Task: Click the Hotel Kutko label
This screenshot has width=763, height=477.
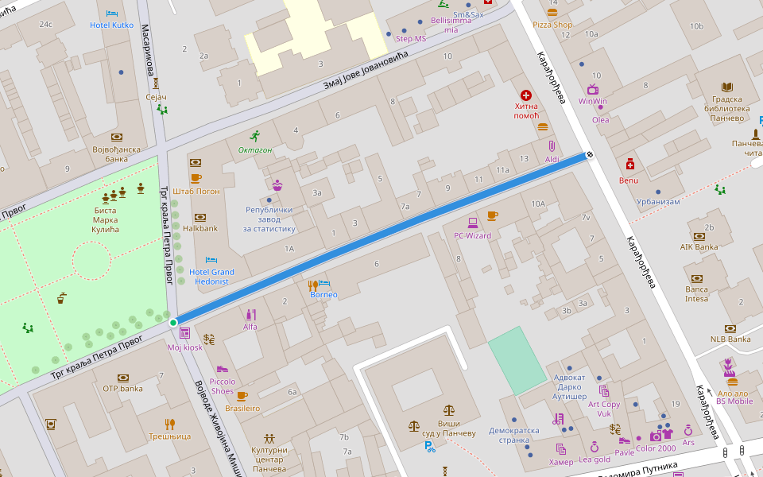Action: coord(111,25)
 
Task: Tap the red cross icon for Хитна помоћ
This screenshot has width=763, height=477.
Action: coord(526,95)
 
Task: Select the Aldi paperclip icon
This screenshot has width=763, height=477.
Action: coord(552,146)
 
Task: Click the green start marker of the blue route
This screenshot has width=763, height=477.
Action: coord(173,322)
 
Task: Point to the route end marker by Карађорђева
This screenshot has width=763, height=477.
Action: coord(590,154)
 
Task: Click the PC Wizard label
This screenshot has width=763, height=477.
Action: coord(472,235)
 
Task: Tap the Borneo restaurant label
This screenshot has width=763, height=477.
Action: coord(323,295)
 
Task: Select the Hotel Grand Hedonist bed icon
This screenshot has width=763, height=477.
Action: coord(211,260)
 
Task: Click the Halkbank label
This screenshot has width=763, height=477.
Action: coord(200,228)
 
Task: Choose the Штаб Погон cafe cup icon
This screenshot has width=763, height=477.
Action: coord(196,178)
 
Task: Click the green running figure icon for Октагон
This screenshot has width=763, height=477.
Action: coord(254,136)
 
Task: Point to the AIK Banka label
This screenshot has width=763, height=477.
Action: coord(699,246)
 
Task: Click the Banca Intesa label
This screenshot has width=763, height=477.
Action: coord(697,293)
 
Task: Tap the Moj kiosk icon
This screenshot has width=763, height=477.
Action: coord(185,333)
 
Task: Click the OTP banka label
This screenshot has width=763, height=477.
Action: coord(122,388)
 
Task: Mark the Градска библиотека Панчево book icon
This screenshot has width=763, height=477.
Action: coord(726,87)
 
